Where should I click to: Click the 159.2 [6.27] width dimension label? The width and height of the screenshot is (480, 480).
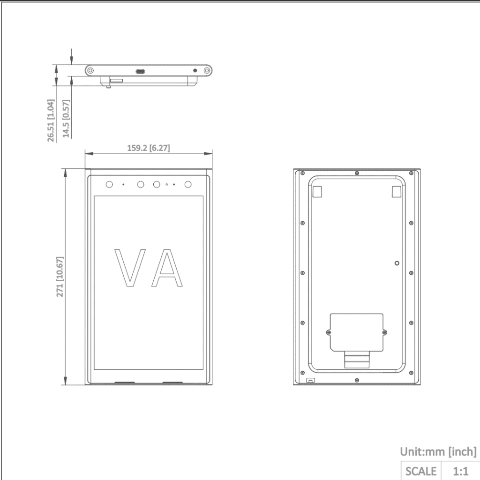click(149, 148)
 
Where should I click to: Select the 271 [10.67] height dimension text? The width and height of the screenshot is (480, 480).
click(60, 277)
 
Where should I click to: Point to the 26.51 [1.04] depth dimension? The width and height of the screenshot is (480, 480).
click(51, 120)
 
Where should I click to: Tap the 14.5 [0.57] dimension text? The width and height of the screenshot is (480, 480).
click(66, 119)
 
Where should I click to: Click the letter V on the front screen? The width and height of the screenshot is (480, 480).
click(130, 268)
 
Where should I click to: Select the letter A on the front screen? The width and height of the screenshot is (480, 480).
click(167, 268)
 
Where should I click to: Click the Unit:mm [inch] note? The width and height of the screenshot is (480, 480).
click(438, 452)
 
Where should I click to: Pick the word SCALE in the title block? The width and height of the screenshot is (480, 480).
click(421, 471)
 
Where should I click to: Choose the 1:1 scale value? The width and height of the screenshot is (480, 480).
click(460, 471)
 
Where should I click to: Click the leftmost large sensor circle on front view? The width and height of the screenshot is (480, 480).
click(109, 185)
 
